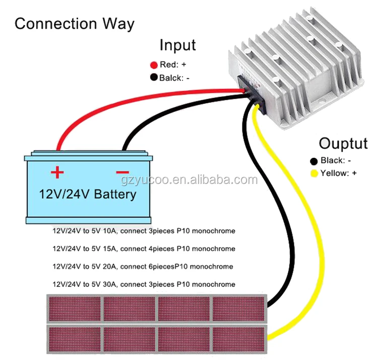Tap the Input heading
(177, 45)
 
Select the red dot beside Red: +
(154, 65)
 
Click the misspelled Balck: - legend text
(174, 78)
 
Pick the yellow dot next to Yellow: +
(313, 174)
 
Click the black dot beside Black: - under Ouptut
(313, 161)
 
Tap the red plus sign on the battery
(57, 172)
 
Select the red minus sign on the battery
(122, 172)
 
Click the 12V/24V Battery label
(88, 194)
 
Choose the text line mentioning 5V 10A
(144, 231)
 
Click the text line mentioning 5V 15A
(144, 249)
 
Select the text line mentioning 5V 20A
(143, 266)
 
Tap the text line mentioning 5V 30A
(144, 284)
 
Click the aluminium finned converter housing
(302, 66)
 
